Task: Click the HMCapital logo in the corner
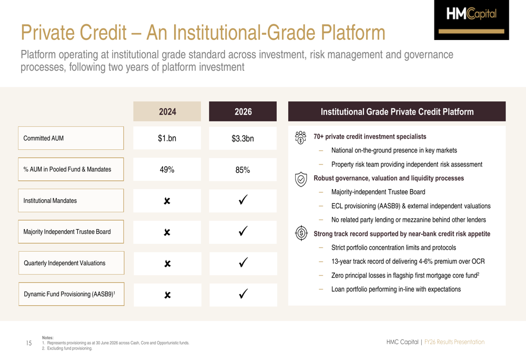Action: (471, 20)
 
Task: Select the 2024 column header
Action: (167, 111)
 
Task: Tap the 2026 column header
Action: (243, 111)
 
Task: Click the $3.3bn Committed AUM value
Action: (242, 138)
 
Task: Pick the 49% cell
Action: (167, 170)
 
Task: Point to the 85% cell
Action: (242, 170)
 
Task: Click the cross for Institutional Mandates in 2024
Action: (167, 201)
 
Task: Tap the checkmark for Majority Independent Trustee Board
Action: (243, 231)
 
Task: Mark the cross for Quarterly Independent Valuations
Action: (167, 263)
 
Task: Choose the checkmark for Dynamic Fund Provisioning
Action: (243, 294)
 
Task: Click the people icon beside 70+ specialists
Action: (300, 137)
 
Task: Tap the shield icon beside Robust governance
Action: (301, 179)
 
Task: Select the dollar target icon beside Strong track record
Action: (301, 233)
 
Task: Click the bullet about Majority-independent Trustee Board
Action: (378, 192)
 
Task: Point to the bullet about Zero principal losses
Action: (405, 275)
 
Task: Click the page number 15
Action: (29, 343)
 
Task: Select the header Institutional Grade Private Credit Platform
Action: (397, 111)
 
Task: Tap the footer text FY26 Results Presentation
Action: (454, 342)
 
